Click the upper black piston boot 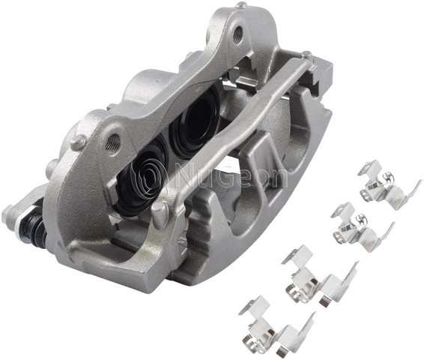click(x=193, y=122)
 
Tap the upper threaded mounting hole click(x=237, y=33)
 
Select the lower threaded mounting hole click(x=113, y=140)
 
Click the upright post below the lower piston click(x=158, y=214)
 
